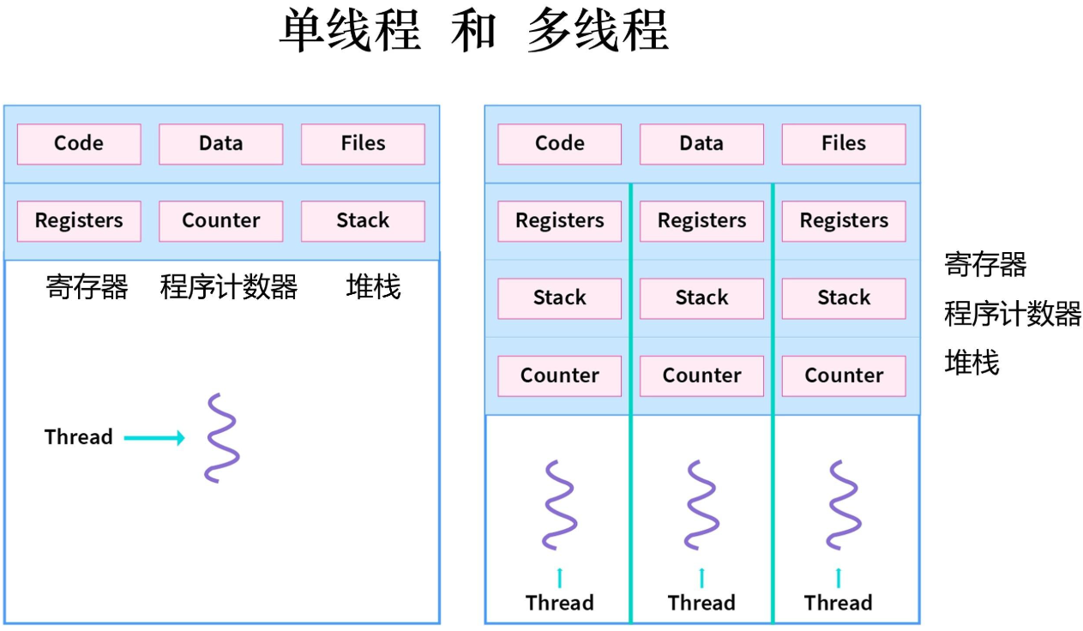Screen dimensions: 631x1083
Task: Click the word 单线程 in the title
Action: click(350, 32)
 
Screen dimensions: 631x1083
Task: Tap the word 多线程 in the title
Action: click(598, 32)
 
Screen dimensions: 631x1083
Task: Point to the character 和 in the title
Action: click(473, 32)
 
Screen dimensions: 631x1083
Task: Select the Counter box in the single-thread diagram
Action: click(220, 221)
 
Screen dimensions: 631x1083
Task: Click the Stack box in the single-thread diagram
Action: click(363, 221)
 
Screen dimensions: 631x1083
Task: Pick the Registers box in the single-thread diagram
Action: click(79, 221)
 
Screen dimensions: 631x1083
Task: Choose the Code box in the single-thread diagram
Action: click(79, 144)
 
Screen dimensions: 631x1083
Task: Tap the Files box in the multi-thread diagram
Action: click(843, 144)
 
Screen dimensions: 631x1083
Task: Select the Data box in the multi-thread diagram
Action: click(701, 144)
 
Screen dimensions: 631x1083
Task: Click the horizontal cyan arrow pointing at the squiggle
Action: click(154, 438)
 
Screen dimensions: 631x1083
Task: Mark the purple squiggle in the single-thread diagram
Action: click(222, 437)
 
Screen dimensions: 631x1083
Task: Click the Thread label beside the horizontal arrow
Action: click(79, 437)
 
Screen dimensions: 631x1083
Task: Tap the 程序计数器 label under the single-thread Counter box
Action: click(229, 287)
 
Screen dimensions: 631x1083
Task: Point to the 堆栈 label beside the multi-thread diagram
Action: click(972, 363)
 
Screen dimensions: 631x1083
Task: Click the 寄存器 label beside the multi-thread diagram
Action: click(985, 264)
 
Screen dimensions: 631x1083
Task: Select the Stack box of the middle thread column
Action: click(701, 298)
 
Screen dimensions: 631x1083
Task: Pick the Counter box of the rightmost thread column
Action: click(843, 376)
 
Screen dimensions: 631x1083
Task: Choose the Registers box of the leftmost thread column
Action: click(559, 221)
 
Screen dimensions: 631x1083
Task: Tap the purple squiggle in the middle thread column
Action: click(701, 505)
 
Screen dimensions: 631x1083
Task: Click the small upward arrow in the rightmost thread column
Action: click(839, 577)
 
